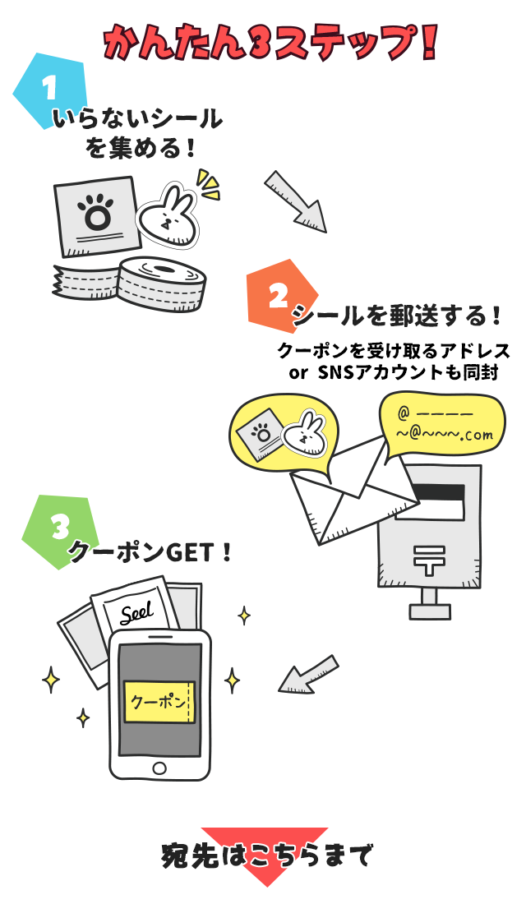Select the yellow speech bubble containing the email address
tap(440, 423)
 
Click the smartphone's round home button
tap(159, 768)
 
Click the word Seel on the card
tap(137, 613)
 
